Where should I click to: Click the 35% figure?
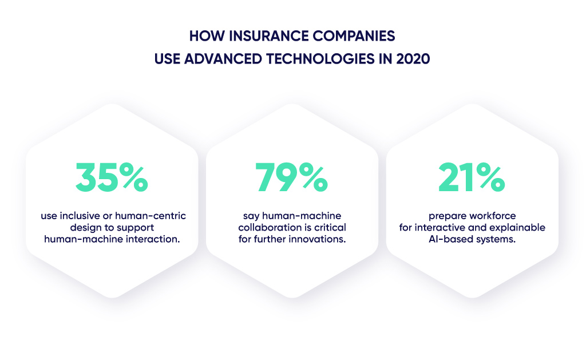(112, 178)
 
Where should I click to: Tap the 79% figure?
(292, 178)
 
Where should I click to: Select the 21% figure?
(472, 178)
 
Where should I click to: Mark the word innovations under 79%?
(319, 239)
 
